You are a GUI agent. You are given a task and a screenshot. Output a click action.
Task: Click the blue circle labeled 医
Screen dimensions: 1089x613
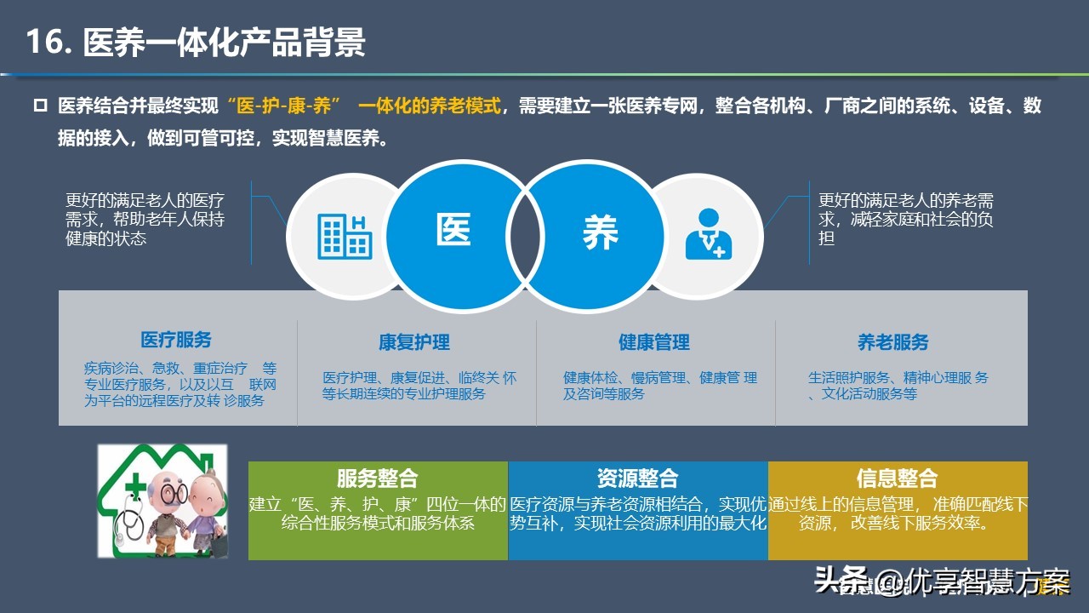click(462, 237)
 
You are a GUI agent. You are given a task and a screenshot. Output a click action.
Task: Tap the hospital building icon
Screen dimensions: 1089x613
click(345, 237)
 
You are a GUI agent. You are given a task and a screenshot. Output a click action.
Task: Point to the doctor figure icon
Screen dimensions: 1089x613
click(709, 234)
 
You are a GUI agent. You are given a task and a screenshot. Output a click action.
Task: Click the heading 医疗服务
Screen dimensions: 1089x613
click(176, 340)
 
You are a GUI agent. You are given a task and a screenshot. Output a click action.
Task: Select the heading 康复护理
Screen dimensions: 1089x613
click(414, 342)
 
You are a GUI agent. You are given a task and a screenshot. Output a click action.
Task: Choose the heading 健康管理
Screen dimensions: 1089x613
click(654, 342)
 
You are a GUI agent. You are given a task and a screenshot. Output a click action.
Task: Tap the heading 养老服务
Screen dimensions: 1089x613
click(893, 342)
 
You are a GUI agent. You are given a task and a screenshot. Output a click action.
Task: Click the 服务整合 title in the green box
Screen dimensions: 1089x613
click(377, 478)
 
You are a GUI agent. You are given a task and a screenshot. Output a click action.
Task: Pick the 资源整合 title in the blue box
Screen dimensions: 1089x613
click(637, 478)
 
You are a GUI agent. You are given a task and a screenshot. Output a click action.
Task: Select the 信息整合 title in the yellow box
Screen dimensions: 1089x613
click(897, 478)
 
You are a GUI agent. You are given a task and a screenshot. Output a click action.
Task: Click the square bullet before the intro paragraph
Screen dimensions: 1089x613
click(40, 106)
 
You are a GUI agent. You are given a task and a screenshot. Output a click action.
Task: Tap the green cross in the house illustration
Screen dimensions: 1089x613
click(135, 486)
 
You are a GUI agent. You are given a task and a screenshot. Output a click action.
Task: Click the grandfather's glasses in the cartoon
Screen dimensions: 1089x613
click(174, 495)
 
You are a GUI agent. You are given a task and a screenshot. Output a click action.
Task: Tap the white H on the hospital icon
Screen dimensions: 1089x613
click(358, 223)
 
